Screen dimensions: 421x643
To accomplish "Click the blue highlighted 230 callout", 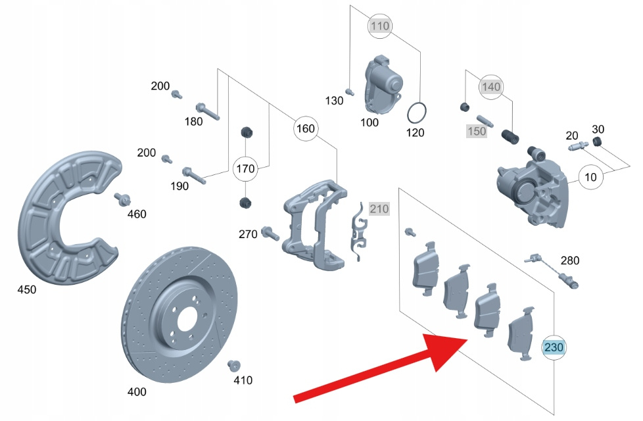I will pyautogui.click(x=554, y=347).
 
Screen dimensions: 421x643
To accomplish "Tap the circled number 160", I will pyautogui.click(x=306, y=128).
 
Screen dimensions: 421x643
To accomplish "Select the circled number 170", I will pyautogui.click(x=245, y=169).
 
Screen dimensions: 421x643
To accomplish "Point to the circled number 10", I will pyautogui.click(x=591, y=177).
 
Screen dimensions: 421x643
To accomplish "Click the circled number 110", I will pyautogui.click(x=381, y=26).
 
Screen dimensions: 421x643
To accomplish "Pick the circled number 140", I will pyautogui.click(x=490, y=87).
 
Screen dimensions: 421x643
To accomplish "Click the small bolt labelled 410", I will pyautogui.click(x=232, y=366).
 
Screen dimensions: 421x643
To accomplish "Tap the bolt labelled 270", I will pyautogui.click(x=270, y=232).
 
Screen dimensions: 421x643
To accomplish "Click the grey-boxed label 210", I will pyautogui.click(x=379, y=209).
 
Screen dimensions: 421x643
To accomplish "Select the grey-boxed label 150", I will pyautogui.click(x=476, y=132).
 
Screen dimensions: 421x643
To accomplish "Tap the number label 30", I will pyautogui.click(x=598, y=128).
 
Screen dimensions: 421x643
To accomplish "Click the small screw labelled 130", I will pyautogui.click(x=350, y=90).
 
